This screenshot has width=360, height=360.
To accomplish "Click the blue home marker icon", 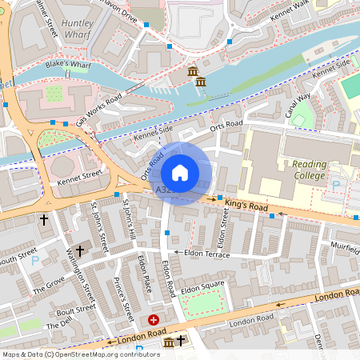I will tap(180, 172).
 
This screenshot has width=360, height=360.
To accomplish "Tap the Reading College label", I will tap(303, 170).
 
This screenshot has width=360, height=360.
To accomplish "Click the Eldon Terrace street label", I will tap(206, 254).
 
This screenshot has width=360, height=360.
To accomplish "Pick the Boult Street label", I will tap(77, 311).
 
